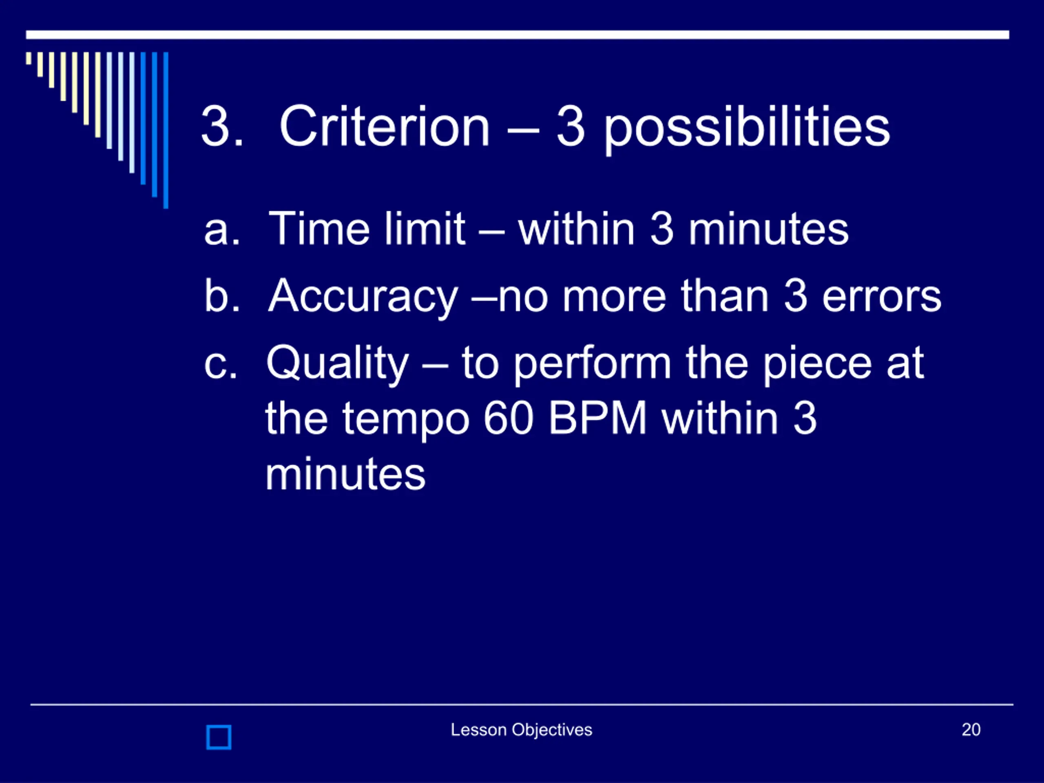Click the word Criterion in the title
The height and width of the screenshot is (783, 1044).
[385, 126]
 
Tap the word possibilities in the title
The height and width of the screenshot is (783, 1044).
[747, 129]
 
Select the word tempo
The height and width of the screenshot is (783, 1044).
[406, 421]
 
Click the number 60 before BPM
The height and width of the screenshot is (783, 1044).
[508, 419]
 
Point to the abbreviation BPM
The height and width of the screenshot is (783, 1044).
[597, 419]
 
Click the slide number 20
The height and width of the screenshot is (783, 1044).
[971, 730]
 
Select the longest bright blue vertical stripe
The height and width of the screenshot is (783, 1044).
[166, 130]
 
